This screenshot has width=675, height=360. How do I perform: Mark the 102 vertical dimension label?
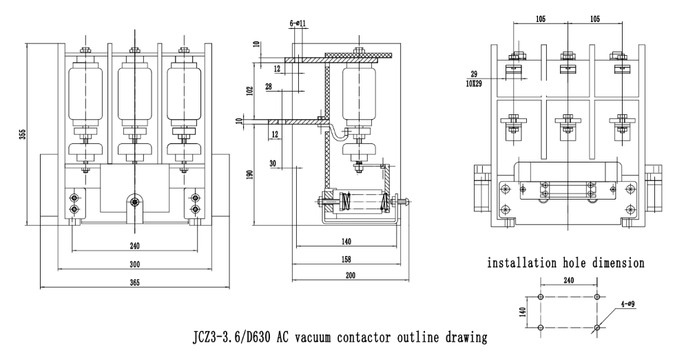251,89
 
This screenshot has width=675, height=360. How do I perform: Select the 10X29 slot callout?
473,84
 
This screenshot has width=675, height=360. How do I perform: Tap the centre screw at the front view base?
134,202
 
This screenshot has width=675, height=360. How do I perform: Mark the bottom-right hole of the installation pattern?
596,327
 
